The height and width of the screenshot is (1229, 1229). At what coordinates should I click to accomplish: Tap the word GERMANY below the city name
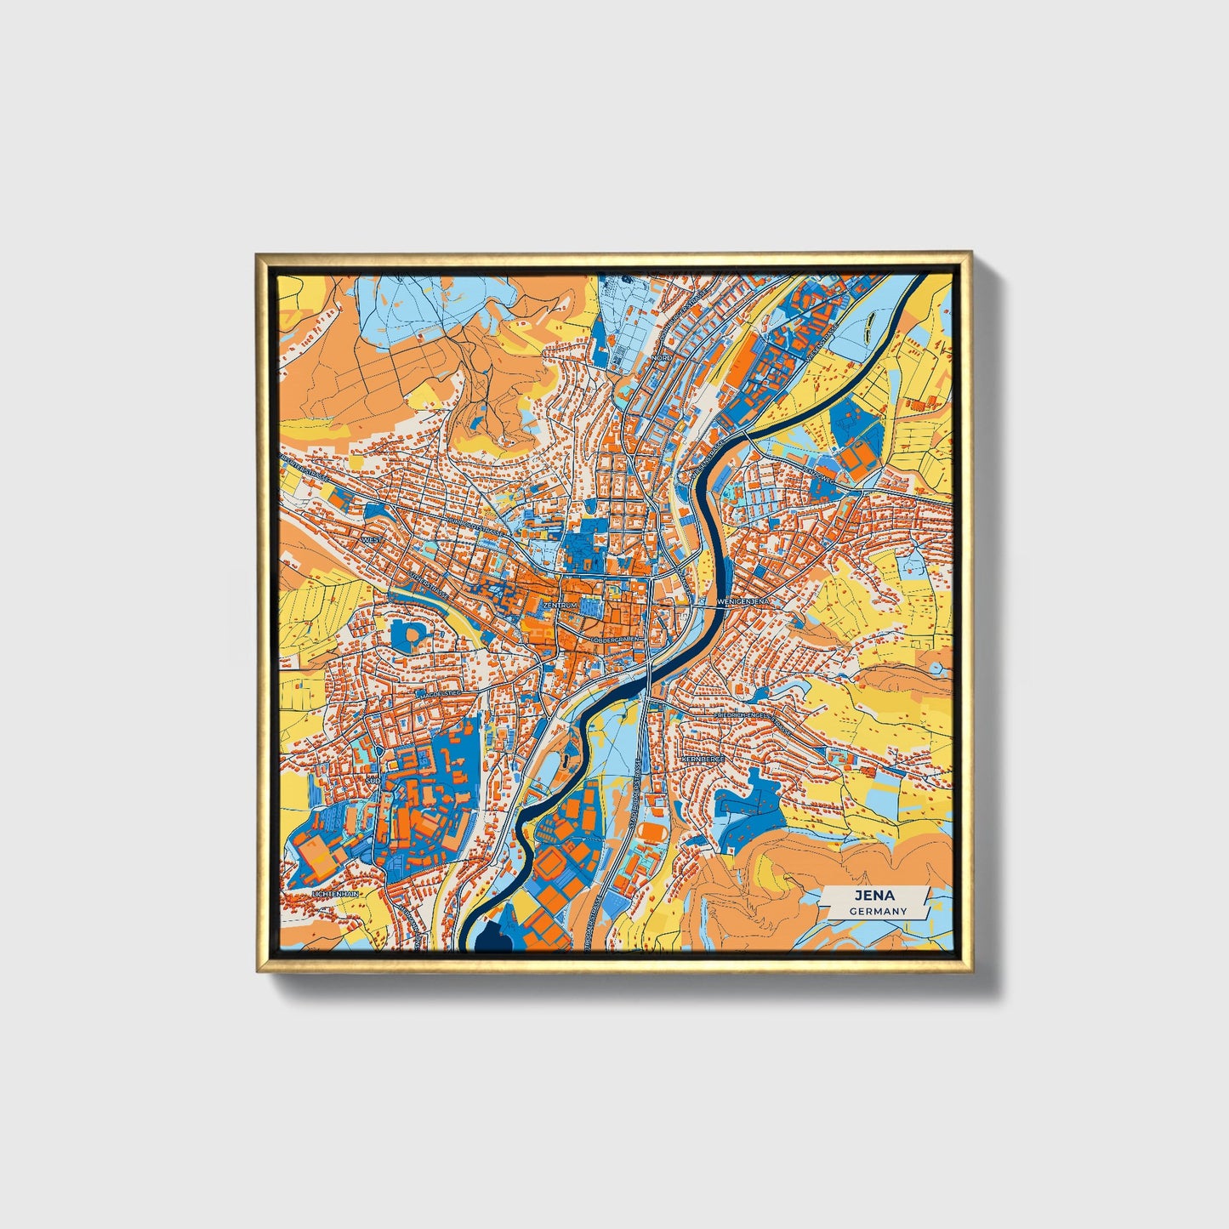tap(878, 911)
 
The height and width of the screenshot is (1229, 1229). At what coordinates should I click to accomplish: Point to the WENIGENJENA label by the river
tap(743, 600)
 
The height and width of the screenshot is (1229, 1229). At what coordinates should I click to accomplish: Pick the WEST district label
tap(372, 539)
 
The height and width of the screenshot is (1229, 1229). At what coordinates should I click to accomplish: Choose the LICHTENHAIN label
tap(336, 895)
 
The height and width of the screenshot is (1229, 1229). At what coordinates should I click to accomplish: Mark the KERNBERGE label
tap(703, 758)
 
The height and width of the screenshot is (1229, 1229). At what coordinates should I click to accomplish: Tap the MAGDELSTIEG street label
tap(437, 694)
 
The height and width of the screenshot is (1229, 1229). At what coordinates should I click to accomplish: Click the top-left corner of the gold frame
tap(258, 253)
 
